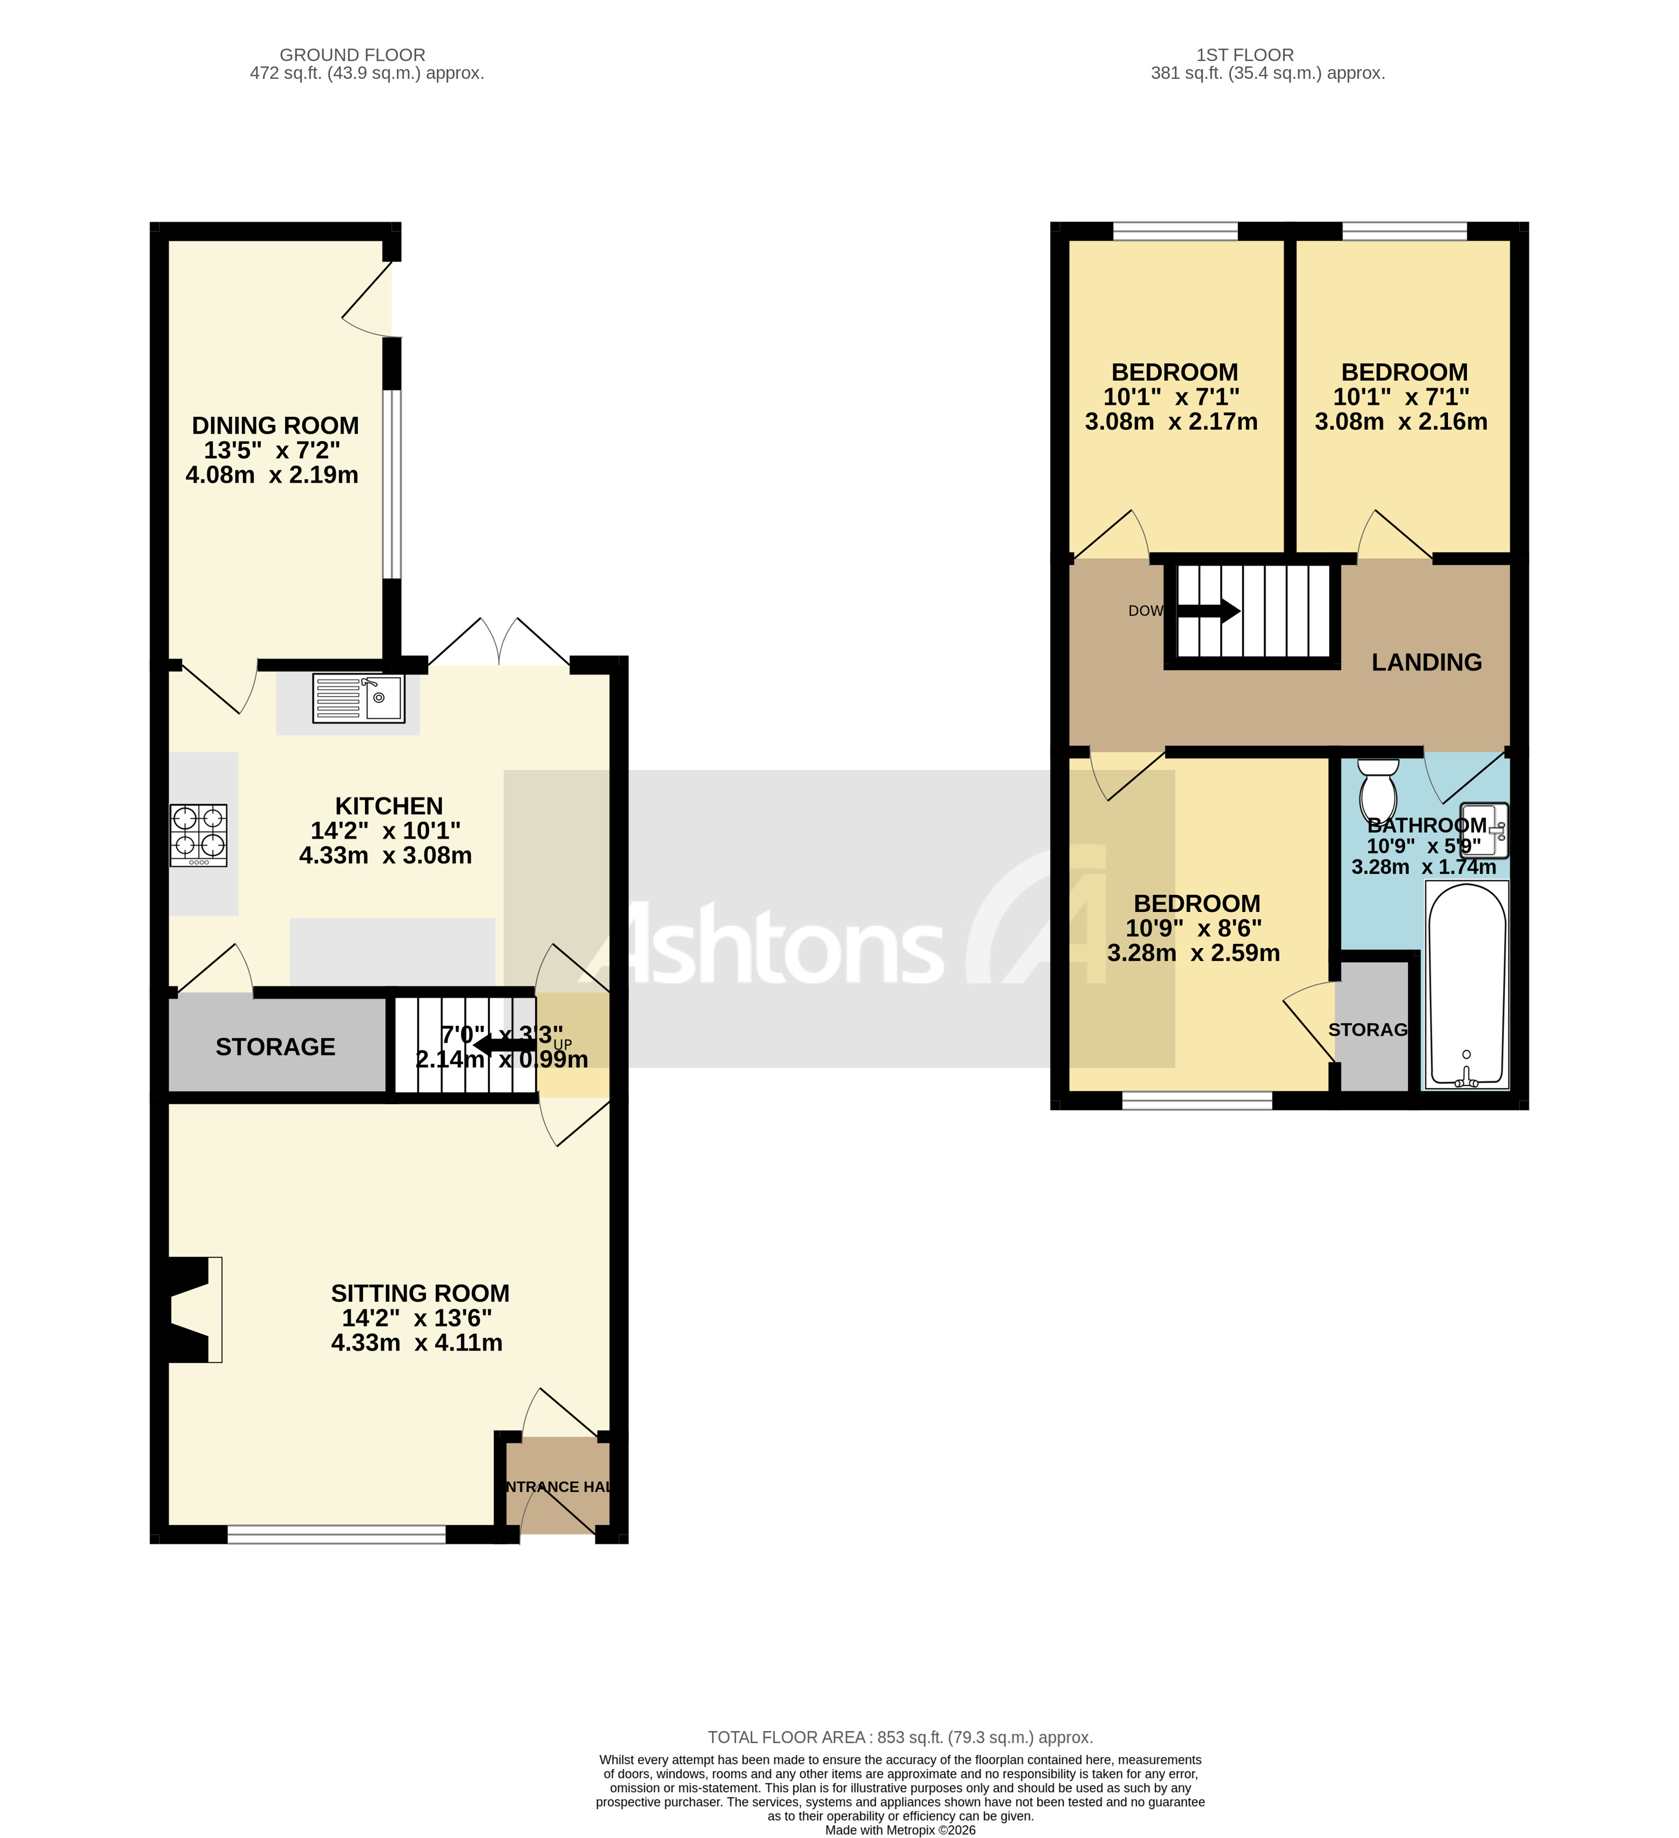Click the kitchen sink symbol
pyautogui.click(x=358, y=698)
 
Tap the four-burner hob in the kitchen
pyautogui.click(x=199, y=834)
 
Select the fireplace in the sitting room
pyautogui.click(x=193, y=1309)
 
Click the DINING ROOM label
pyautogui.click(x=275, y=426)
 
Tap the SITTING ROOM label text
pyautogui.click(x=419, y=1293)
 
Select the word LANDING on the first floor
pyautogui.click(x=1426, y=662)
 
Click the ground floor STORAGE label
pyautogui.click(x=275, y=1046)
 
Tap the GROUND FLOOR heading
pyautogui.click(x=352, y=55)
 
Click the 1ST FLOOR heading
pyautogui.click(x=1244, y=55)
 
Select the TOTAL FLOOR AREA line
pyautogui.click(x=899, y=1737)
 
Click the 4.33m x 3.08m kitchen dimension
pyautogui.click(x=385, y=855)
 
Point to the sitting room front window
pyautogui.click(x=336, y=1535)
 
